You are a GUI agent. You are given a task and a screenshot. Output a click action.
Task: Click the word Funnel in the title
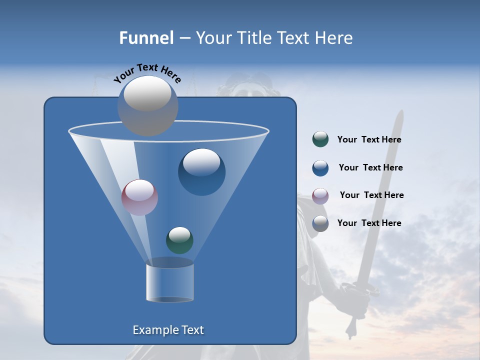[146, 38]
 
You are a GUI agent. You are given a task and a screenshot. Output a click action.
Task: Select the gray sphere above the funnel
[148, 105]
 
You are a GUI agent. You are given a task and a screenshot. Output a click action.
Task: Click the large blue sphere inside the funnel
[201, 171]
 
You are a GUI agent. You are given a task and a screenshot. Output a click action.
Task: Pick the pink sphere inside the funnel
[139, 197]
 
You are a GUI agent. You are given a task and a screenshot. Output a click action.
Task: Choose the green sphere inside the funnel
[179, 240]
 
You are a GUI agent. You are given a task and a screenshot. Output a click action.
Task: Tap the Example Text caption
[168, 330]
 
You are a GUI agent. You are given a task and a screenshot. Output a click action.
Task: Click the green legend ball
[320, 139]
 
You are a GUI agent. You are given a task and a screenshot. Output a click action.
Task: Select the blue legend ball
[320, 168]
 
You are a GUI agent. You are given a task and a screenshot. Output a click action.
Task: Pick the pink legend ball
[320, 195]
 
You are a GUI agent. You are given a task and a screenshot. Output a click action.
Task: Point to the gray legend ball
[320, 223]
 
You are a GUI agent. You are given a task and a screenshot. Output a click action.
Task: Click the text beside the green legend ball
[369, 140]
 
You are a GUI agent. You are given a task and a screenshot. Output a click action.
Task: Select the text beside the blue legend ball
[370, 168]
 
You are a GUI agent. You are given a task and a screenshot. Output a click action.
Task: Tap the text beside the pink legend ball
[371, 195]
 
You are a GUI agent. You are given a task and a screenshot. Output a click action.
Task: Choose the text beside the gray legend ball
[369, 223]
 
